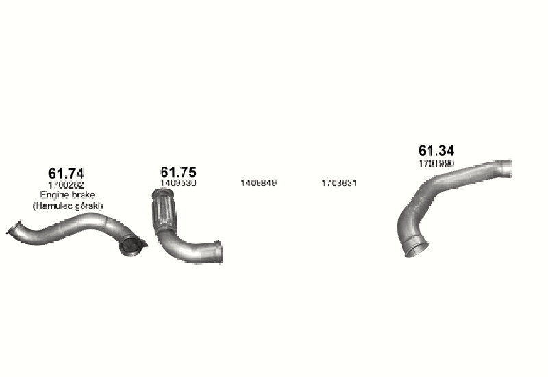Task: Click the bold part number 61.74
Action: click(66, 173)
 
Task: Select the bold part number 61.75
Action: click(178, 172)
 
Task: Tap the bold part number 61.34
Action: click(436, 150)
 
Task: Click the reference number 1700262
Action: click(66, 184)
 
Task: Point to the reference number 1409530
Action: click(178, 183)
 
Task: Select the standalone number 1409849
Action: click(258, 183)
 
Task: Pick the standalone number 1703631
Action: click(339, 183)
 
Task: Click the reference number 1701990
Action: click(436, 163)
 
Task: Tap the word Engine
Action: click(53, 195)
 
